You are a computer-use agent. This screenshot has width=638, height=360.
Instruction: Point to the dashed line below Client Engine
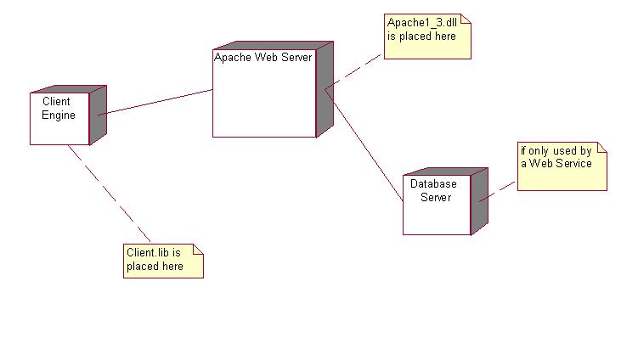pos(110,194)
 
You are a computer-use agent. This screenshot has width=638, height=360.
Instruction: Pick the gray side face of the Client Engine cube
pos(98,115)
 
